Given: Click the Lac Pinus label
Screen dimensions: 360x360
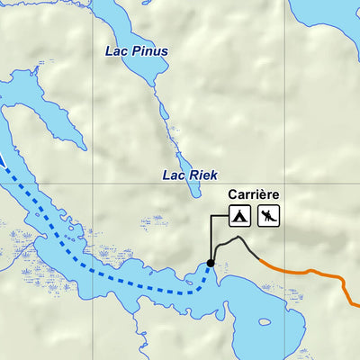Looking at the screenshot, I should click(137, 51).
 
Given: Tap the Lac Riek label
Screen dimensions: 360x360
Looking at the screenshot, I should click(191, 175).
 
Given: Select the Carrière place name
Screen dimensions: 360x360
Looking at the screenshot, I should click(253, 193).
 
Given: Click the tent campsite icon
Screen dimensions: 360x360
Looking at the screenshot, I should click(238, 216).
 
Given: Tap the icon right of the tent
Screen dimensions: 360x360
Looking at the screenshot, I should click(268, 216).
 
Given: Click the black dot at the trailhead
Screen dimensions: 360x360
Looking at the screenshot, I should click(211, 263).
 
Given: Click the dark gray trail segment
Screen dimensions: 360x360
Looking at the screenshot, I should click(236, 241).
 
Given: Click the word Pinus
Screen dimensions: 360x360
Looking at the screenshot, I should click(149, 51).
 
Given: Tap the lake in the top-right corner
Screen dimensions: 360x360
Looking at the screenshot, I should click(328, 18).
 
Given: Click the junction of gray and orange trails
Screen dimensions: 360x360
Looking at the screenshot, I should click(259, 259).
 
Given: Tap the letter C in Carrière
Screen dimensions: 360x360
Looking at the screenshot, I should click(232, 193).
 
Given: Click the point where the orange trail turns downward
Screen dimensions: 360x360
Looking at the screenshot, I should click(344, 281).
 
